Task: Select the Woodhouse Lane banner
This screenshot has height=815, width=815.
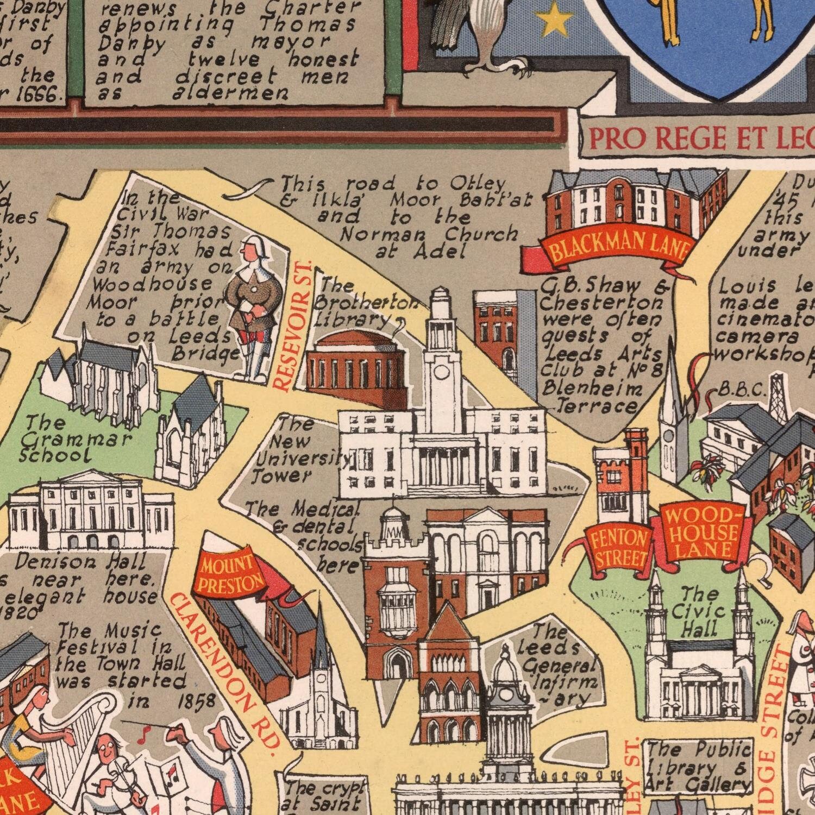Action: click(x=701, y=532)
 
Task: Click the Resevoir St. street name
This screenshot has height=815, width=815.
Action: click(x=293, y=326)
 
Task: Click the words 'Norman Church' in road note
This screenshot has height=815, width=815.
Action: click(x=429, y=234)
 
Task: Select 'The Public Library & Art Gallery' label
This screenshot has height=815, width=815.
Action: click(x=699, y=767)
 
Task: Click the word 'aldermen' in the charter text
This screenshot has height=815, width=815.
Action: click(x=230, y=93)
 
